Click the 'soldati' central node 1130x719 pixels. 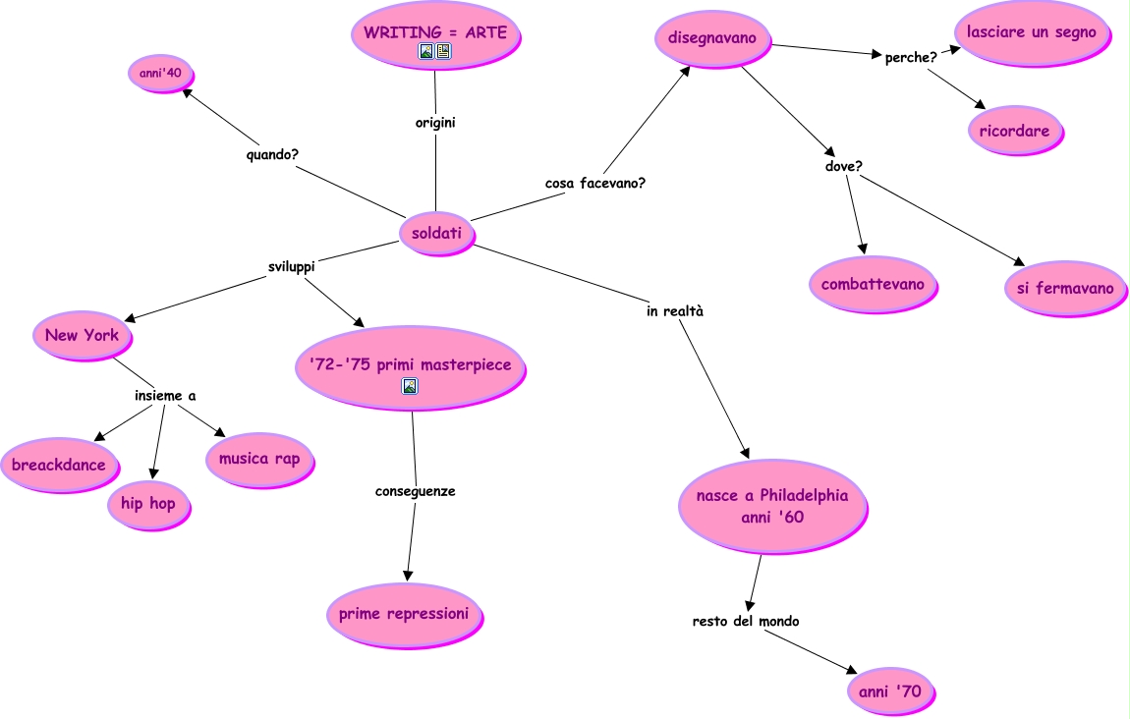436,234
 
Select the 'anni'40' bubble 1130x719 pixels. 161,74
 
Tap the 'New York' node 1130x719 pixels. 83,336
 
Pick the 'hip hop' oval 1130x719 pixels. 148,504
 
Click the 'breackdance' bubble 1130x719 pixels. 59,466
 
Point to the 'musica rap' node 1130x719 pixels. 259,460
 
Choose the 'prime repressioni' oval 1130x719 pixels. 404,615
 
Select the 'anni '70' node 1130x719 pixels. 891,691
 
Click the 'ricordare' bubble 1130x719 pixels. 1015,131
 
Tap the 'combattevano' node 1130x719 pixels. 873,285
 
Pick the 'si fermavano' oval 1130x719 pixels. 1065,288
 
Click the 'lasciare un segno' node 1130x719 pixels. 1032,33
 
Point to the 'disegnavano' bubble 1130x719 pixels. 712,38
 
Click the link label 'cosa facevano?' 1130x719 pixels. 595,183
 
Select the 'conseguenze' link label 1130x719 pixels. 415,491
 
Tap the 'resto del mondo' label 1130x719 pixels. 746,621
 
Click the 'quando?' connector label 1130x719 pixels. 272,155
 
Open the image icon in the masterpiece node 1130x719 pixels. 410,386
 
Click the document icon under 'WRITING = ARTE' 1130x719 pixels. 443,51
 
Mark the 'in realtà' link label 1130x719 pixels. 674,311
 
